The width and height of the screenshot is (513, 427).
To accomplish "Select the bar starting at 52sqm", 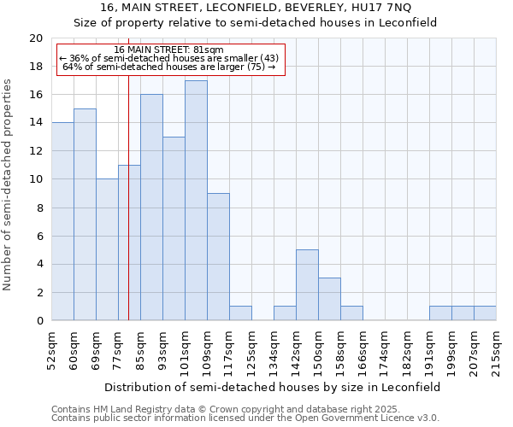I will tap(62, 221).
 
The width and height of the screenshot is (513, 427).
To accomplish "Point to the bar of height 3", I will tap(329, 299).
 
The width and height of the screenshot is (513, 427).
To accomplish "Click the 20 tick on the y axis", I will tap(35, 38).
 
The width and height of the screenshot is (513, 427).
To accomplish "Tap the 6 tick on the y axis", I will tap(38, 236).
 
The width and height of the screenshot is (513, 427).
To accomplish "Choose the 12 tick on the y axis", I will tap(35, 151).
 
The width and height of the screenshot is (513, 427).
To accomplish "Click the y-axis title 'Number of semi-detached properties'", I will tap(9, 184).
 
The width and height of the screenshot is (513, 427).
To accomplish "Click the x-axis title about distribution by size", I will tap(274, 387).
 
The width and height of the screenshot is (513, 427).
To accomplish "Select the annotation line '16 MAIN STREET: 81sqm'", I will tap(168, 50).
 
